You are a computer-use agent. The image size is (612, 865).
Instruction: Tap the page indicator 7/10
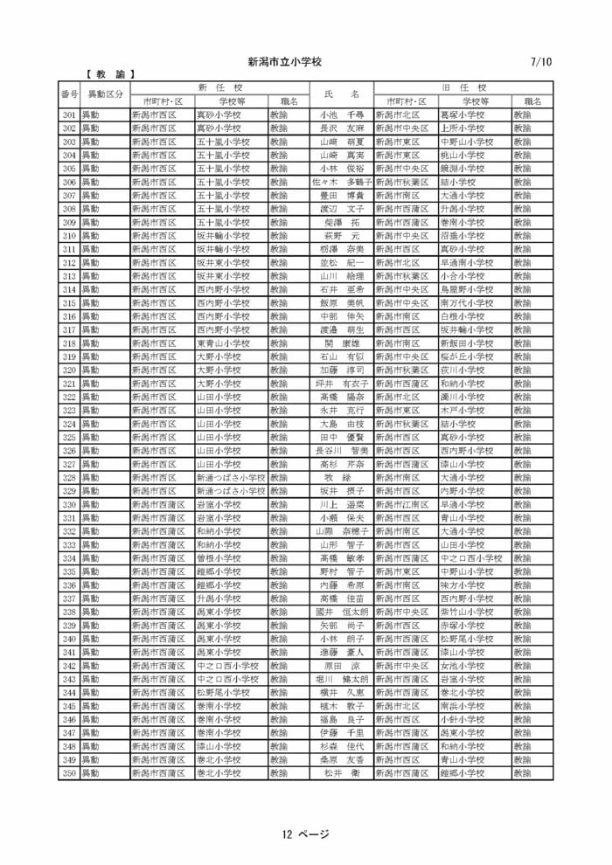(x=541, y=62)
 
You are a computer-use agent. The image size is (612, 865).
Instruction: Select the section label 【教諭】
(x=110, y=75)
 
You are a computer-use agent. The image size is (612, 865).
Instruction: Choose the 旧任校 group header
(x=463, y=87)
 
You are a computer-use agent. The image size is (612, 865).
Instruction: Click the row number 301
(x=69, y=114)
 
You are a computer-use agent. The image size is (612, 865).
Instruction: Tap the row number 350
(x=69, y=773)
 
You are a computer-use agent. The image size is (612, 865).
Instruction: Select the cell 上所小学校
(x=462, y=128)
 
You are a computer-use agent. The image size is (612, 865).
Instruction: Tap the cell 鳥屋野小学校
(x=467, y=289)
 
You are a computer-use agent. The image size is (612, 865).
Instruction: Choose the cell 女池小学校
(x=462, y=666)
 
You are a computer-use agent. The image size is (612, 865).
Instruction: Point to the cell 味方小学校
(x=462, y=585)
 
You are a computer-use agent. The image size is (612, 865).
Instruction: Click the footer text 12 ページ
(x=305, y=834)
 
